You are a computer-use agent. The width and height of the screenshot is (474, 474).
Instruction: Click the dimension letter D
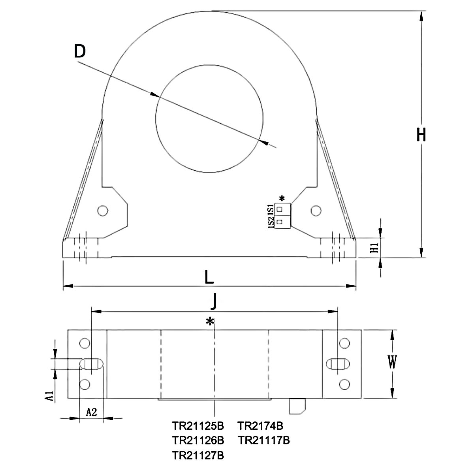point(80,51)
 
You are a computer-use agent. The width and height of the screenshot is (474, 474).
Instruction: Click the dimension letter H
point(421,135)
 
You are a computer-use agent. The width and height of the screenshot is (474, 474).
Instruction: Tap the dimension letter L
point(209,278)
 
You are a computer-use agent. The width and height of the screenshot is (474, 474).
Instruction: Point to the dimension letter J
point(214,302)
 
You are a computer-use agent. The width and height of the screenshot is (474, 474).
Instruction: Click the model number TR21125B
point(198,426)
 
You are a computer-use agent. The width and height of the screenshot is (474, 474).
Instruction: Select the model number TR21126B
point(198,440)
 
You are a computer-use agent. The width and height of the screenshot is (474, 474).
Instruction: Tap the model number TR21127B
point(198,455)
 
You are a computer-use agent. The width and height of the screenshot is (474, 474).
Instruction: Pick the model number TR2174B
point(260,426)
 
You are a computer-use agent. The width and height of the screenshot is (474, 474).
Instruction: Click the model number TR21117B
point(263,440)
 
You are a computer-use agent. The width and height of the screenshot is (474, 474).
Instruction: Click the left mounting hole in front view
point(103,211)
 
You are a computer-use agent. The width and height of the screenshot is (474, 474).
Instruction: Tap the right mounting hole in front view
point(315,211)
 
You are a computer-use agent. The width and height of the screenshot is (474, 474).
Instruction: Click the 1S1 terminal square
point(280,209)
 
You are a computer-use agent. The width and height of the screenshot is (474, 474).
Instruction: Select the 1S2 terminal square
point(280,222)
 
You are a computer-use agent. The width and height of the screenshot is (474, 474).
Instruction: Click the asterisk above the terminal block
point(282,198)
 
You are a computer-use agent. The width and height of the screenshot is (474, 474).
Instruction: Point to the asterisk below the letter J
point(210,322)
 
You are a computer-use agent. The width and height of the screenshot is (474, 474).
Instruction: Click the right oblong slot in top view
point(338,363)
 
